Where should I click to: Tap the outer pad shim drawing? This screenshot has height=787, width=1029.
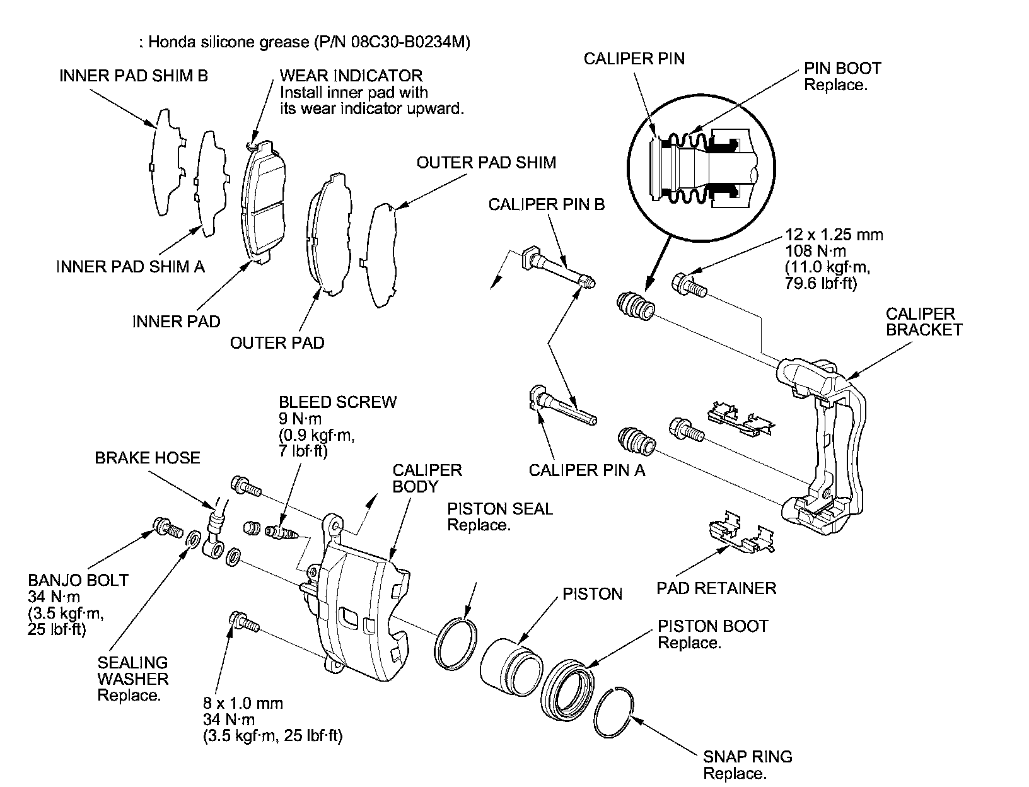click(381, 255)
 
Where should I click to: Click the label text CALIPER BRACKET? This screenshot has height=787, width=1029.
click(923, 322)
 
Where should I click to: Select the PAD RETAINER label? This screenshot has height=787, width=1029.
click(716, 588)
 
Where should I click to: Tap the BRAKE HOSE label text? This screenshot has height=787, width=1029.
click(147, 458)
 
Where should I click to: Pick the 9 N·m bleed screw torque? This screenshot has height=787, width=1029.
click(300, 418)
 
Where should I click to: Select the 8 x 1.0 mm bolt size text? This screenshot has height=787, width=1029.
click(243, 703)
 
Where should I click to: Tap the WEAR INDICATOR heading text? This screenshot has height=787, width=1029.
click(351, 76)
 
